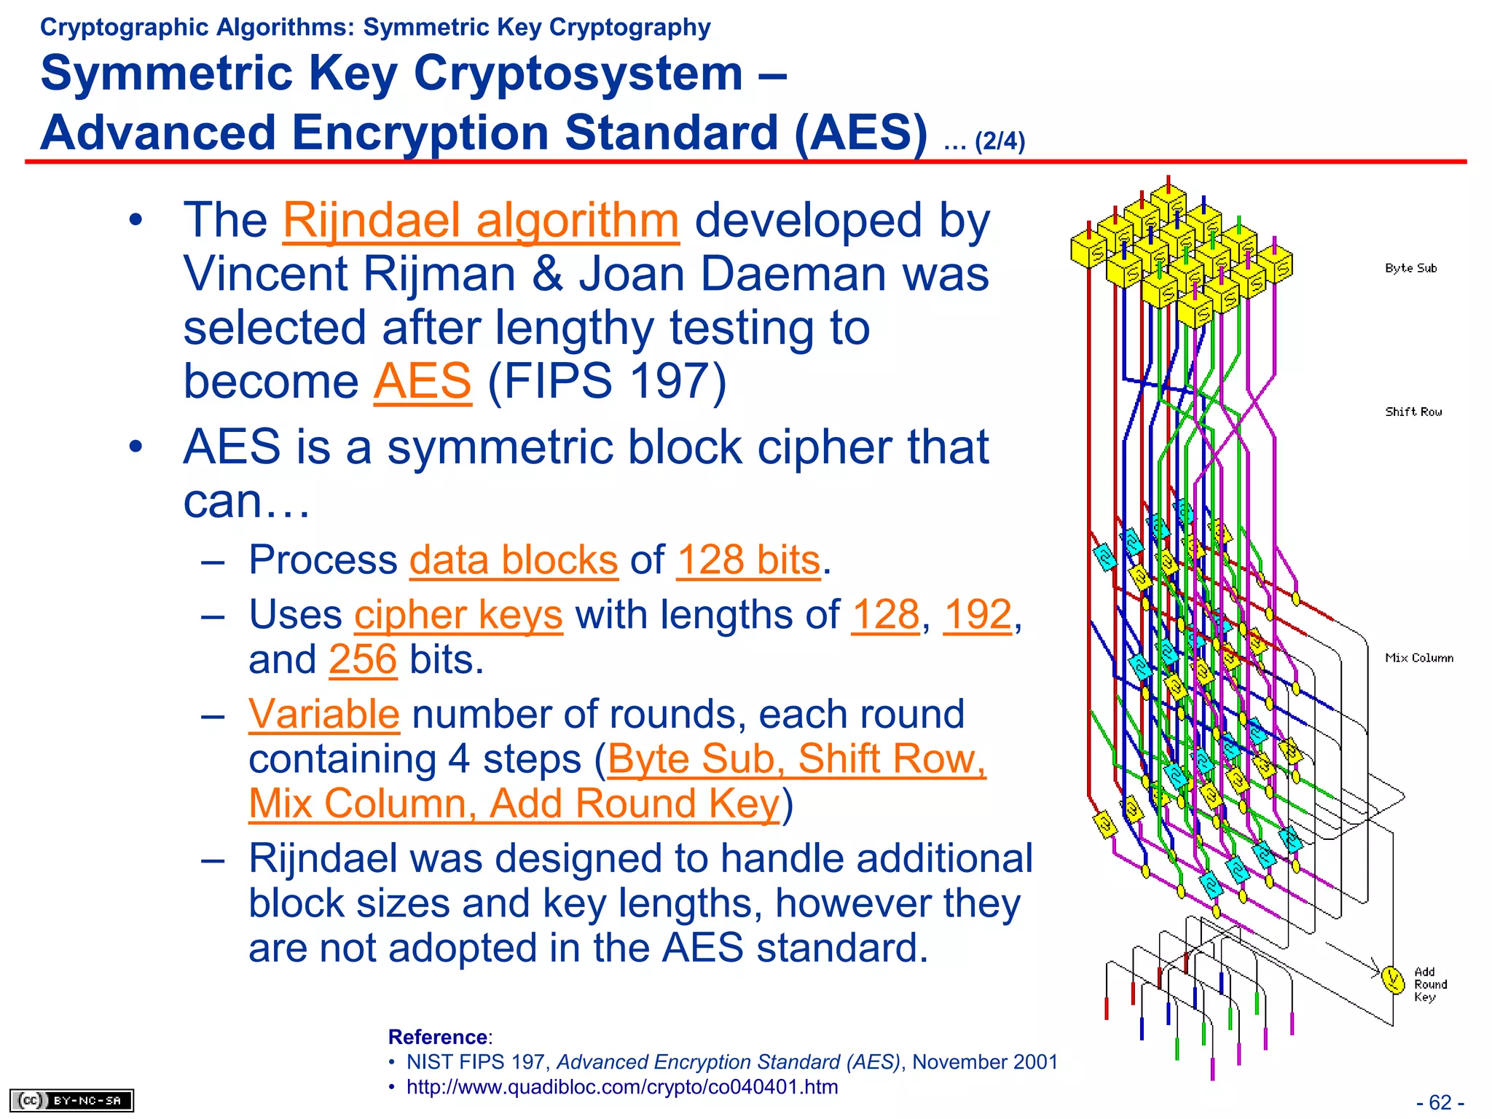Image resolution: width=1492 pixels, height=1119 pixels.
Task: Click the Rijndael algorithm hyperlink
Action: click(481, 221)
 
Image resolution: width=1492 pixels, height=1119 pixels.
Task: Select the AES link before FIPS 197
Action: click(423, 381)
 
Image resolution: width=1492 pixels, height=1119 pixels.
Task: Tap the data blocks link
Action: click(514, 560)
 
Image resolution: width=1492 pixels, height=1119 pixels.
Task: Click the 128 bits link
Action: click(748, 560)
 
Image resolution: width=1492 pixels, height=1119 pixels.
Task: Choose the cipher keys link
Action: click(458, 615)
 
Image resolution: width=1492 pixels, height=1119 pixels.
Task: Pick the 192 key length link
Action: click(977, 615)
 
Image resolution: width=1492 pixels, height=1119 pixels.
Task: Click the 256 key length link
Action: click(363, 659)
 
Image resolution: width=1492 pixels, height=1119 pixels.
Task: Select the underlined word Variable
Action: click(323, 714)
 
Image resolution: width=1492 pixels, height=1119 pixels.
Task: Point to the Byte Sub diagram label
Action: click(1410, 268)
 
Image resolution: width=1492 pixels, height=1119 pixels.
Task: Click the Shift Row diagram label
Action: click(1413, 412)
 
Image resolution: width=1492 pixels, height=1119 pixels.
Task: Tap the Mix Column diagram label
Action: click(1418, 658)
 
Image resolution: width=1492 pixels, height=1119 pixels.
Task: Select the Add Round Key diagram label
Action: click(1429, 984)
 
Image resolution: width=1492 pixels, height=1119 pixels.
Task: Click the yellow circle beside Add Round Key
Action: click(1392, 979)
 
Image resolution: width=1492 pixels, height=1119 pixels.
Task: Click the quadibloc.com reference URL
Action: click(621, 1087)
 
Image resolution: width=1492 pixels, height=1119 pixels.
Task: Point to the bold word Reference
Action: click(438, 1037)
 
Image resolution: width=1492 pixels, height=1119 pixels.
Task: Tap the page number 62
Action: click(1440, 1102)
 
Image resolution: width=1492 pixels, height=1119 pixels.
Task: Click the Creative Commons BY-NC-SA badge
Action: click(71, 1100)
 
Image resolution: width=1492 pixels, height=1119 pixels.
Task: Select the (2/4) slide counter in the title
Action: click(1000, 141)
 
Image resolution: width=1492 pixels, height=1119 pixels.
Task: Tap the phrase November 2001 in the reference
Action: click(984, 1062)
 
